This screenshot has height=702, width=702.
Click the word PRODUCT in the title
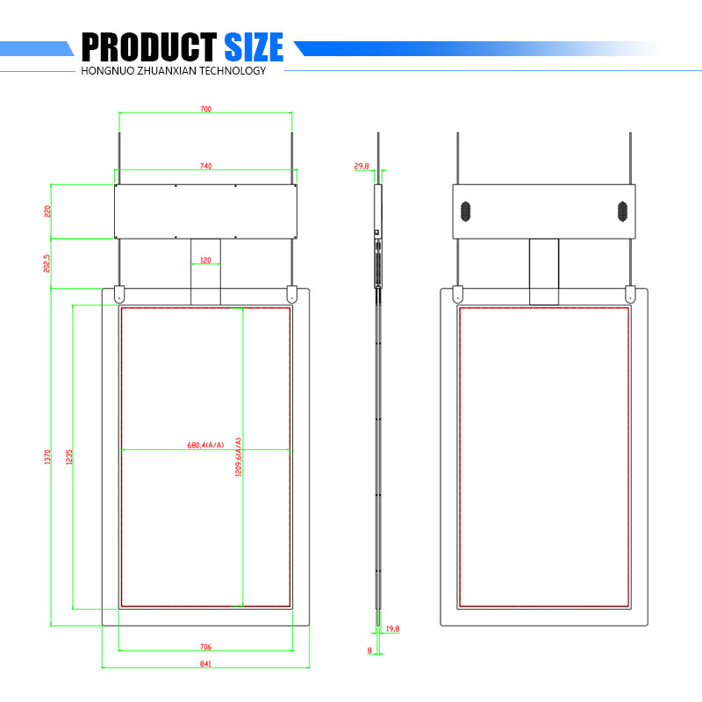click(x=148, y=46)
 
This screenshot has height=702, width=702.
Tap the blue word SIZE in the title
click(x=254, y=46)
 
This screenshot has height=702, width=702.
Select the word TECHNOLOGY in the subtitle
click(x=224, y=71)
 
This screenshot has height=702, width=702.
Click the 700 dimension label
click(x=205, y=110)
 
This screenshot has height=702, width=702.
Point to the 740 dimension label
click(x=205, y=165)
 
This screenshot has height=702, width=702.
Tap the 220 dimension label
click(x=48, y=211)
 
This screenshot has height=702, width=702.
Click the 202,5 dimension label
click(x=47, y=263)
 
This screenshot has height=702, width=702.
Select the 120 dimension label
click(x=205, y=261)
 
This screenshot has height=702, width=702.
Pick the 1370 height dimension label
click(x=47, y=456)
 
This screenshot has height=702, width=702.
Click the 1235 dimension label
click(x=68, y=456)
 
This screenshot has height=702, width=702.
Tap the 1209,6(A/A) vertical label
click(x=238, y=456)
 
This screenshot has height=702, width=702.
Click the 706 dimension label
click(x=205, y=647)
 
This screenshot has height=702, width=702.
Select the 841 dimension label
click(x=205, y=663)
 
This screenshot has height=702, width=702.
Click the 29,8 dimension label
click(x=361, y=166)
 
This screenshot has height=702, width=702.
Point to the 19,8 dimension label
click(x=392, y=629)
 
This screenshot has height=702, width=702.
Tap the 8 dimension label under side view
click(x=369, y=650)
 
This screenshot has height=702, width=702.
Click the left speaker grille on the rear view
click(x=465, y=211)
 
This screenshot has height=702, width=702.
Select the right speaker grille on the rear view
click(x=621, y=211)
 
